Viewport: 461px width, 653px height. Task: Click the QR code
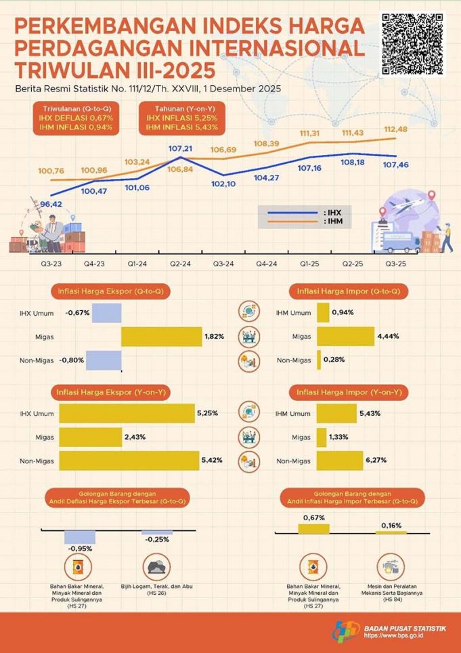click(414, 44)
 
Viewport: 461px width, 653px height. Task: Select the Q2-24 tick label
click(179, 264)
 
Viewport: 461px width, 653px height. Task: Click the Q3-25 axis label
click(396, 264)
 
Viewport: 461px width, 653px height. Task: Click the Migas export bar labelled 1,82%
click(161, 337)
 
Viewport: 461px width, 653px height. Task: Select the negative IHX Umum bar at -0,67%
click(106, 312)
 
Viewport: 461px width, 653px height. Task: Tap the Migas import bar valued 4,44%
click(345, 337)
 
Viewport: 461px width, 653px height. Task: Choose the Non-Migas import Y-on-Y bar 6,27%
click(349, 461)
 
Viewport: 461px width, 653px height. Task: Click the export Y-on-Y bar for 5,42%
click(127, 461)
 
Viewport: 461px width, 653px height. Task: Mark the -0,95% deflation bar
click(80, 537)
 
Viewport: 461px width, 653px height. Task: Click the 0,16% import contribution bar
click(391, 532)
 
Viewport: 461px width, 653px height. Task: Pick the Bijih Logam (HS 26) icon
click(157, 565)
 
